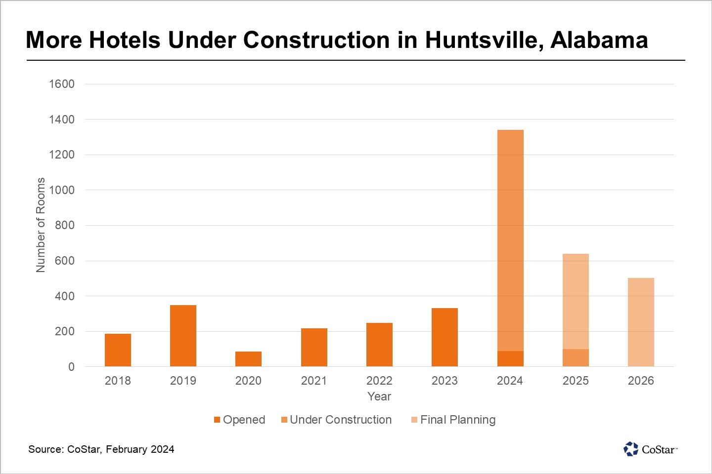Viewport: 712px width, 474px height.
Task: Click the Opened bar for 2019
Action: [x=183, y=336]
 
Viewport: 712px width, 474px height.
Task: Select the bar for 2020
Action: [x=248, y=359]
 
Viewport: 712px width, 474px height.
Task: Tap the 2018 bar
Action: [x=118, y=350]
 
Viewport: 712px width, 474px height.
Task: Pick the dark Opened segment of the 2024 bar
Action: [x=510, y=359]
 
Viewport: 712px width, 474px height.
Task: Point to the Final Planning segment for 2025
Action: [x=576, y=301]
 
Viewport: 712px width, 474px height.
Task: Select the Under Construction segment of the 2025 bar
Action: [x=576, y=358]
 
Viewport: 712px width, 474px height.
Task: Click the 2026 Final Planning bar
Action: [x=641, y=322]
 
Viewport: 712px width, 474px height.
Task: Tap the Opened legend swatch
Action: [x=217, y=420]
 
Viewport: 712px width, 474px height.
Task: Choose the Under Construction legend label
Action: [x=341, y=420]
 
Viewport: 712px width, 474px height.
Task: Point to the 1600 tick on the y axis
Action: [x=62, y=84]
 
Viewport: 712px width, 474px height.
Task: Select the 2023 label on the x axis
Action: [x=445, y=381]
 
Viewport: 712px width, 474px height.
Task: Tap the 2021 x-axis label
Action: [x=314, y=381]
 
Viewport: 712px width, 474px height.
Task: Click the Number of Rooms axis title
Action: [x=41, y=225]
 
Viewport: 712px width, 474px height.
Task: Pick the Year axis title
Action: [x=379, y=396]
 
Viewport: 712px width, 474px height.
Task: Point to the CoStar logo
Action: [x=650, y=449]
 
